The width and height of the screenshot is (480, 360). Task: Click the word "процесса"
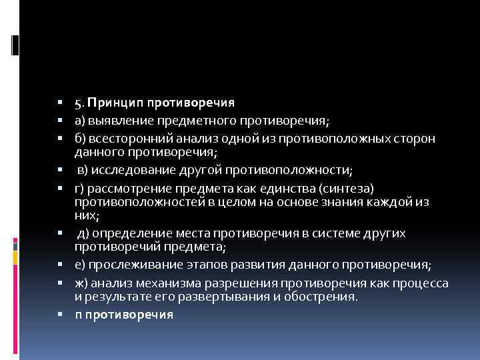(x=421, y=283)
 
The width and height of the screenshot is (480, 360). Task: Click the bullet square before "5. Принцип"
(x=60, y=104)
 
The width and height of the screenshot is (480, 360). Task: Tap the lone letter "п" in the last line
(x=78, y=314)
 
